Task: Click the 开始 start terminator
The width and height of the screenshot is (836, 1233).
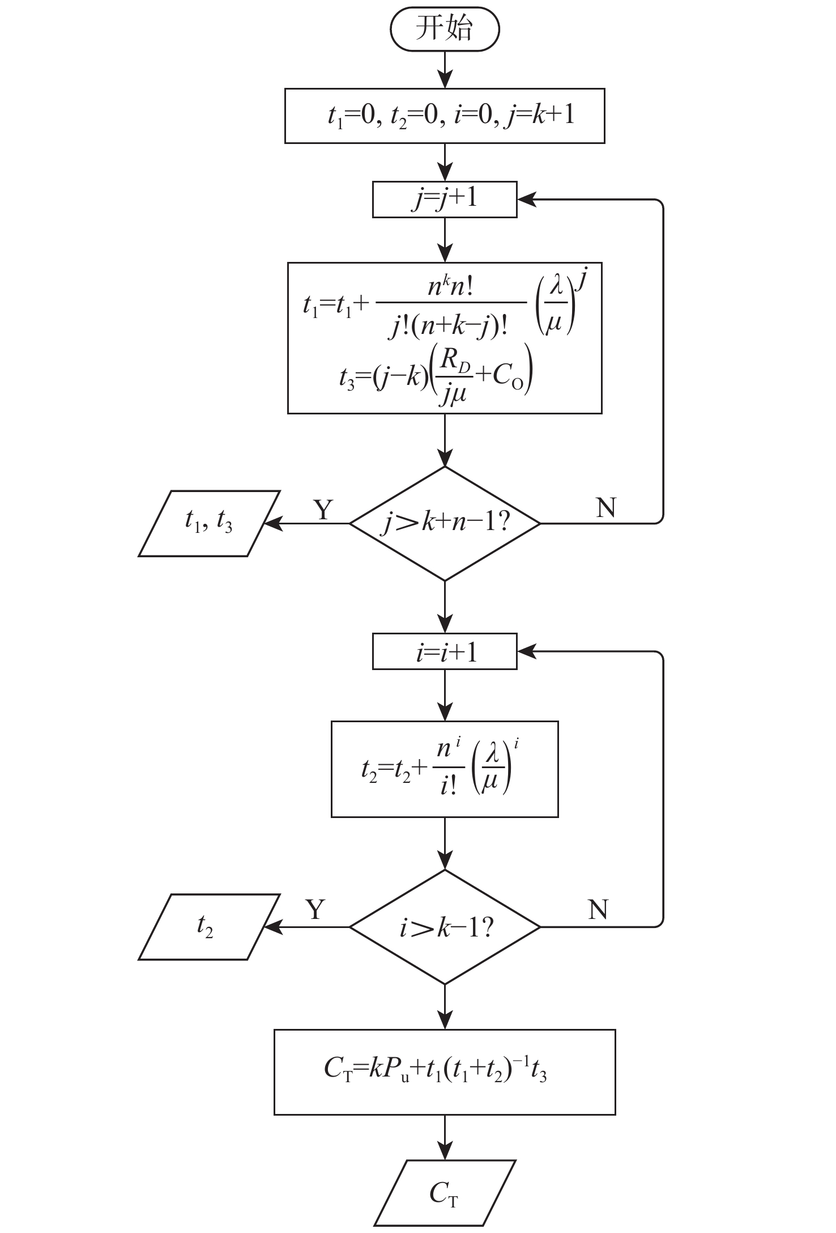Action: [445, 29]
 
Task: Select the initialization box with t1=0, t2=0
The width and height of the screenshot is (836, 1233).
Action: [445, 116]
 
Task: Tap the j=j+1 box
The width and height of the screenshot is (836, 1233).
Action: [445, 199]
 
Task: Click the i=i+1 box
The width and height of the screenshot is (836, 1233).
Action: [445, 651]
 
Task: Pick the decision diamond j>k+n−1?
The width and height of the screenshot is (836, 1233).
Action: [445, 523]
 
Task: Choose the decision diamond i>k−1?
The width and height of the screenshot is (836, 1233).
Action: [445, 927]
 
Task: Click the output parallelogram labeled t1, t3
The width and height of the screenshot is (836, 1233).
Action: [209, 523]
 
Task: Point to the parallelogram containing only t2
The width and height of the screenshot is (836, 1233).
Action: [209, 927]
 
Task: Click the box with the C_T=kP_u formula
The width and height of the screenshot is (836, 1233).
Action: [445, 1071]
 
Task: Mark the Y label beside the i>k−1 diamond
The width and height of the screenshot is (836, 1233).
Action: [316, 909]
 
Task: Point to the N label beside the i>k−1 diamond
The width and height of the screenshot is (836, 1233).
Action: [598, 909]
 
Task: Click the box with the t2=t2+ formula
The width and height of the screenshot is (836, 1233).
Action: [445, 769]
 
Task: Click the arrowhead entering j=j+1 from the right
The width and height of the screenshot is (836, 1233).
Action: [526, 200]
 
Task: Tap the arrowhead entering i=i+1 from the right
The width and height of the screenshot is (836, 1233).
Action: [526, 652]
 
